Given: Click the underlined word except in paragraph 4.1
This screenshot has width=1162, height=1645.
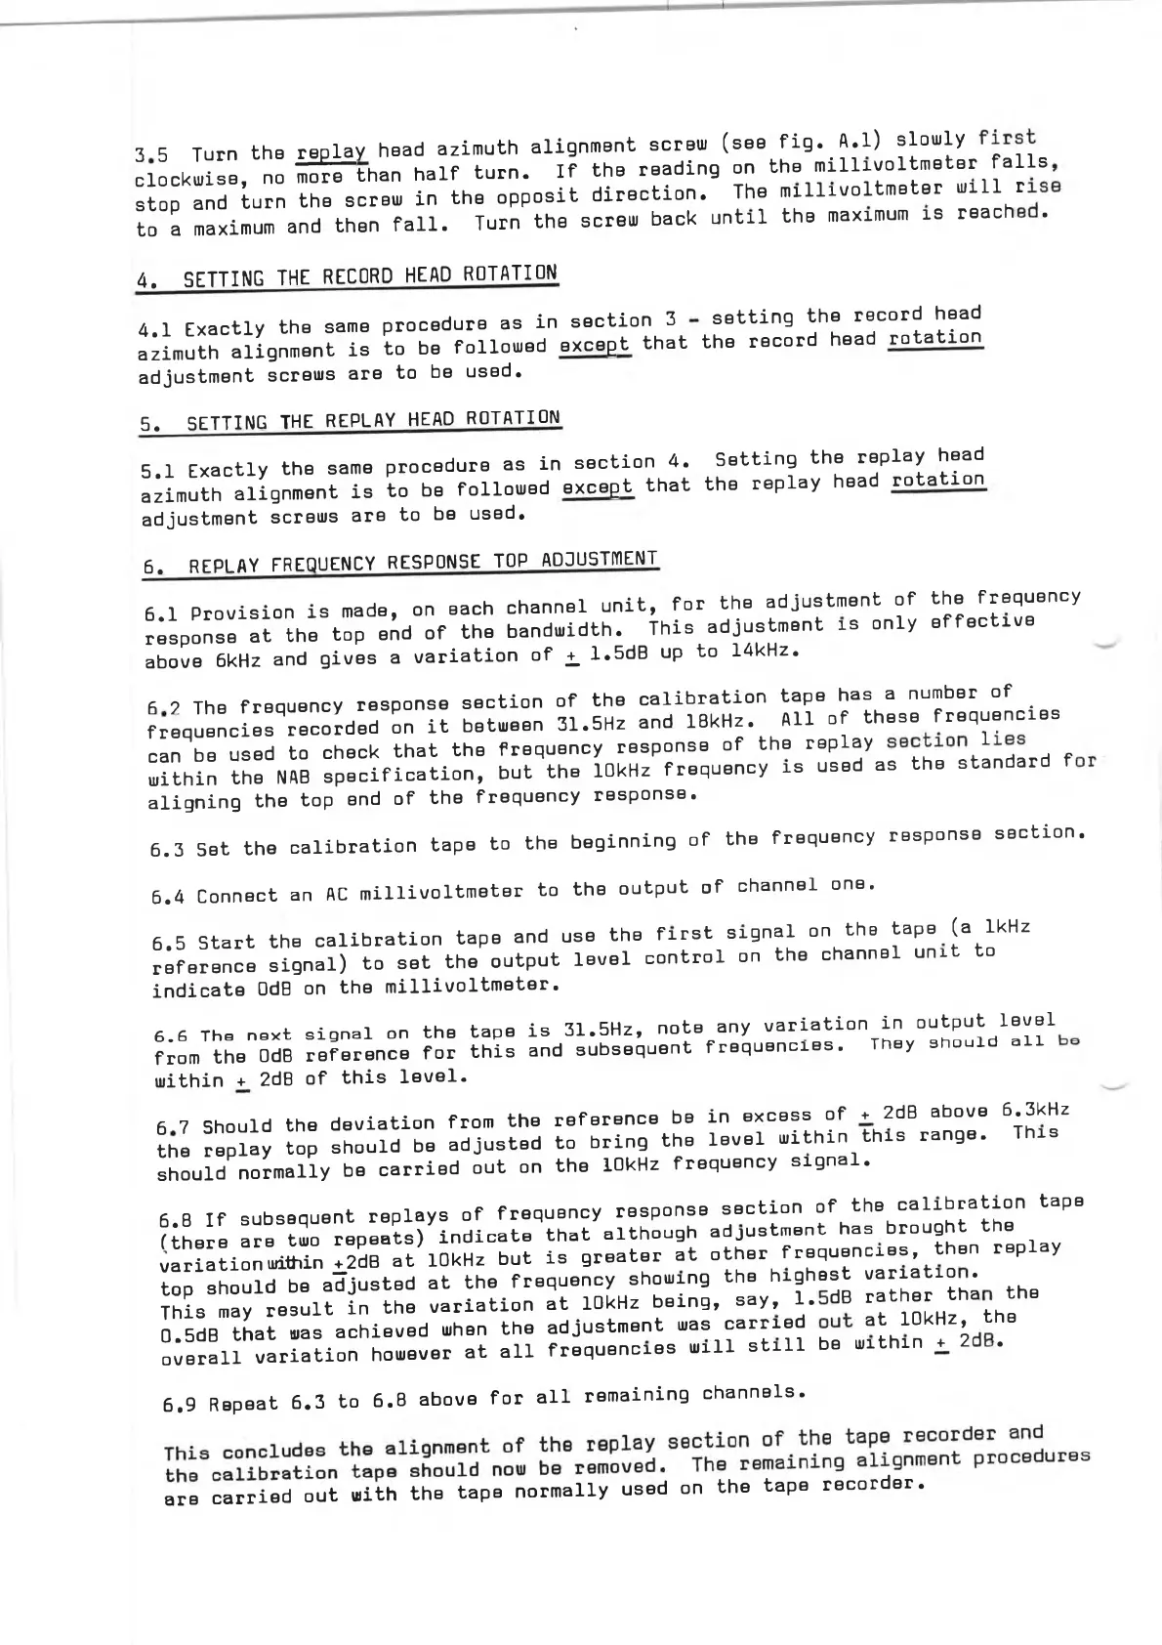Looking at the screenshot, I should point(595,344).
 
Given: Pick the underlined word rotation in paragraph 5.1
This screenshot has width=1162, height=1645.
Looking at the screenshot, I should point(937,480).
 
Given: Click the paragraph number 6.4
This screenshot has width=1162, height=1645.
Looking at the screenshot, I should point(168,896).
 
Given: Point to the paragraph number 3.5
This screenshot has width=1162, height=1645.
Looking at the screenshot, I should point(151,155).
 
